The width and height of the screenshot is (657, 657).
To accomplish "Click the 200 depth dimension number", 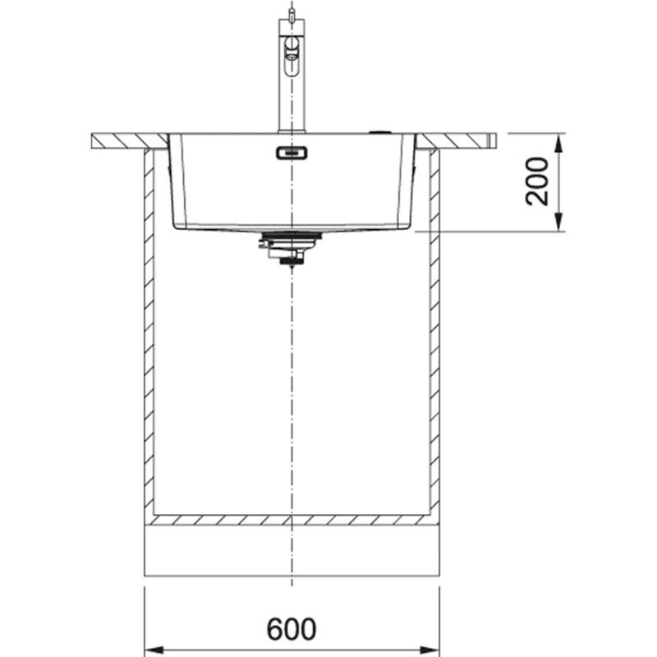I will coord(538,181).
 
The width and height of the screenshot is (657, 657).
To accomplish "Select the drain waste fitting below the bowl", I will coord(283,246).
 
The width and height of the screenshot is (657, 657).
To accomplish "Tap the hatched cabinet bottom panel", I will coord(292,520).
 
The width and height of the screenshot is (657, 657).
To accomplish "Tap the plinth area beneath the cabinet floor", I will coord(292,550).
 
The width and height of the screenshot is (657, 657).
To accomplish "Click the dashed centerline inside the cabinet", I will coord(292,386).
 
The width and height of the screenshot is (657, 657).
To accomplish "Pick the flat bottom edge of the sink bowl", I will coord(292,227).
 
